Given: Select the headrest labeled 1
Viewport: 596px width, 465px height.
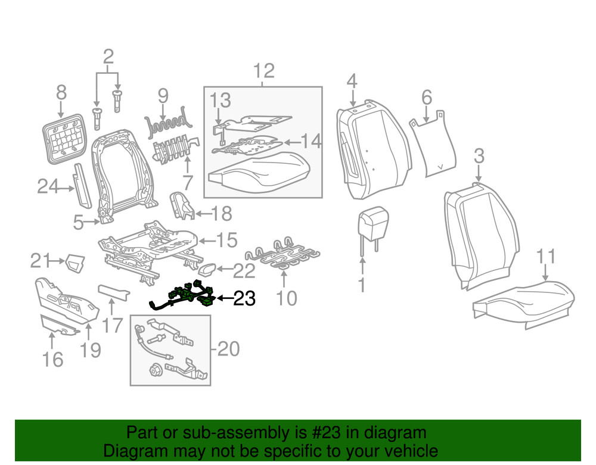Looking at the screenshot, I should coord(372,225).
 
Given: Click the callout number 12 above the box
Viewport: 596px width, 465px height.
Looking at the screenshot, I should coord(263,71).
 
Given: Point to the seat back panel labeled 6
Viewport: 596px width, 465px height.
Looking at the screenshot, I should coord(434,143).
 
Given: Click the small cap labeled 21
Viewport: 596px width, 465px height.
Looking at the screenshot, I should coord(74,261).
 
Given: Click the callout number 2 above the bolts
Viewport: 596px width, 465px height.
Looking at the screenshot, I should coord(108,58).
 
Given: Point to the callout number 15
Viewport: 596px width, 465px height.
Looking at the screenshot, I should coord(226,241).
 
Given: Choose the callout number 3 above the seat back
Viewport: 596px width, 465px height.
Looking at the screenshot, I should coord(479,157).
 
